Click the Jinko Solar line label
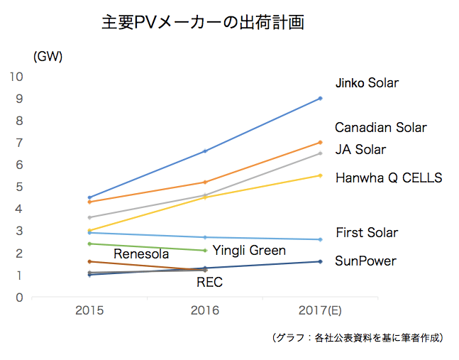point(366,83)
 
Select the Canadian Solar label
point(380,128)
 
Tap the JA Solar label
point(360,150)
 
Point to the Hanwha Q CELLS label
point(388,178)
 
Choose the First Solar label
point(367,233)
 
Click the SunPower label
point(365,261)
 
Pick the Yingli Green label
point(249,251)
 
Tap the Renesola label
point(141,253)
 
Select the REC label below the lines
point(209,283)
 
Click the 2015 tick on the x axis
point(90,310)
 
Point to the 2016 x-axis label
point(205,310)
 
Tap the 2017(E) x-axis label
point(320,310)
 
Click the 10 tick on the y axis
point(16,77)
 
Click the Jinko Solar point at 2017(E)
point(320,98)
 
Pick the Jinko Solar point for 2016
point(205,151)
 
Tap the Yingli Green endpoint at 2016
point(205,250)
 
